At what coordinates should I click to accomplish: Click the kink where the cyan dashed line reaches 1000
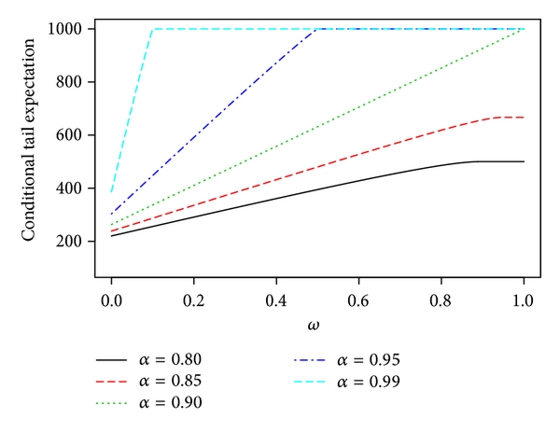point(152,29)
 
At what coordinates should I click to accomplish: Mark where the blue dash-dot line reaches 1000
point(317,29)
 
